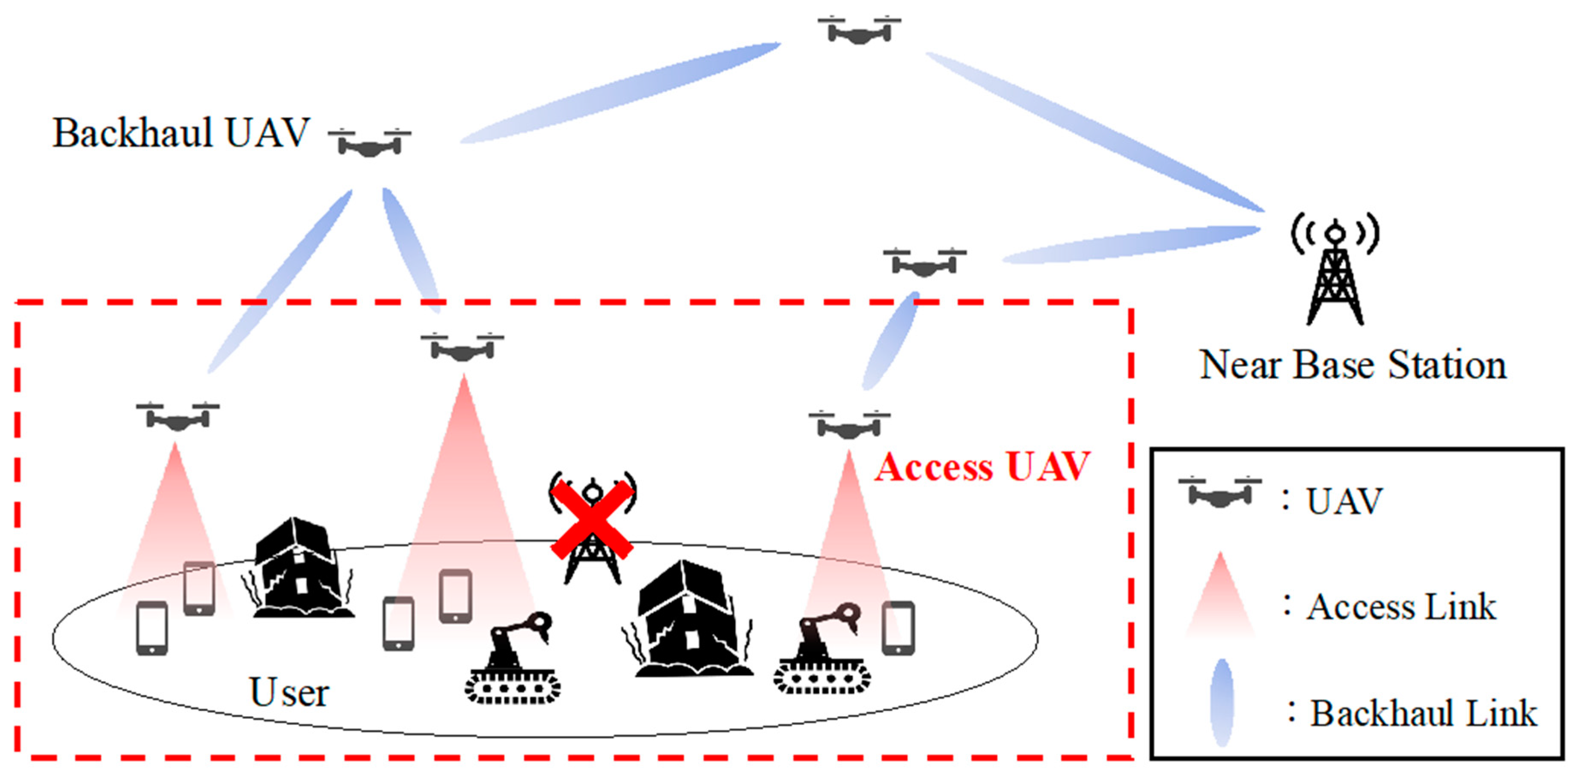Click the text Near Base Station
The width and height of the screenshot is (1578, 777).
pos(1353,365)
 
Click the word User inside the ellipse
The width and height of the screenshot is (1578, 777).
pos(289,692)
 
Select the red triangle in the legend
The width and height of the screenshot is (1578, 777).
pos(1220,597)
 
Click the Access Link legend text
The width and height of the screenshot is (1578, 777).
pos(1402,607)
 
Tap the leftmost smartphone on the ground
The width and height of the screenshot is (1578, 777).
pos(152,628)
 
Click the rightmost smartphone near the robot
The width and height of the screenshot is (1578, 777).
pos(898,628)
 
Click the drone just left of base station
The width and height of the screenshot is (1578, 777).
pos(924,264)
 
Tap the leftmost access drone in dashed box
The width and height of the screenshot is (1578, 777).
pos(178,417)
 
